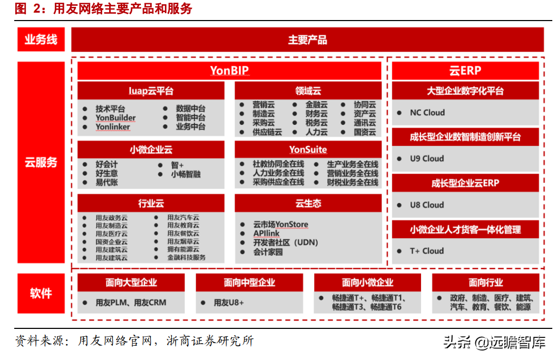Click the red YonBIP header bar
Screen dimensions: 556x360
click(229, 71)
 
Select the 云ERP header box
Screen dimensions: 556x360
click(465, 71)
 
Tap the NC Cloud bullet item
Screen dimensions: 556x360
click(427, 113)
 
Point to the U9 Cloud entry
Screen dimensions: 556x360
click(426, 159)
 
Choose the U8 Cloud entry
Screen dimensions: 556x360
click(426, 205)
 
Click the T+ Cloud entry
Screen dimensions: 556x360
click(426, 251)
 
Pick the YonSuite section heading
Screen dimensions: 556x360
click(308, 150)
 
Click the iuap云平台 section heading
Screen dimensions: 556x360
click(151, 91)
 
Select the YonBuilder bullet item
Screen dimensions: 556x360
click(115, 118)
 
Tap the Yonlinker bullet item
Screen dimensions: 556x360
click(113, 127)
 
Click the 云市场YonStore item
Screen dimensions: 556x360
click(280, 225)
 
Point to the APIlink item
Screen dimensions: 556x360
click(266, 233)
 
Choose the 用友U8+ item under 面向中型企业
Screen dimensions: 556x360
click(229, 303)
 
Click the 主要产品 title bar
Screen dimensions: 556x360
click(308, 40)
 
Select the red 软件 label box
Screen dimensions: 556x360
click(41, 293)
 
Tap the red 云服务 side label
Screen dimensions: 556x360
click(41, 162)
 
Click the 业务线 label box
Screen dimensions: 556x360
click(41, 40)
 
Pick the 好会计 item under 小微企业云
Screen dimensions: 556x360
click(106, 164)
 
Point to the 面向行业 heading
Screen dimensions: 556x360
click(486, 283)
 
